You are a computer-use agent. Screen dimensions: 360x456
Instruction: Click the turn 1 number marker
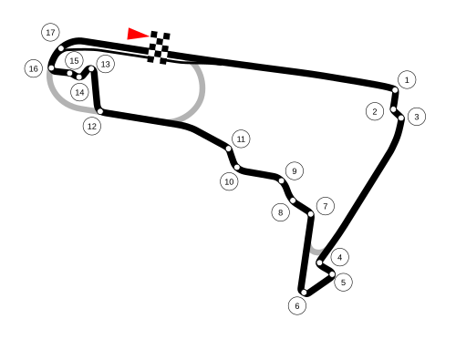point(407,79)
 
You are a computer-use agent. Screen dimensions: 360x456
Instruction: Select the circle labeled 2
point(375,111)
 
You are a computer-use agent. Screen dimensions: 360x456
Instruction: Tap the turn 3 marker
point(416,117)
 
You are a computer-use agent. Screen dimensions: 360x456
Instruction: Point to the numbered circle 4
point(339,257)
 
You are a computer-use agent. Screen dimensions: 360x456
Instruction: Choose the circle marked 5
point(343,282)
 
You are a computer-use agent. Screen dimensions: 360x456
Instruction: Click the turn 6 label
point(297,305)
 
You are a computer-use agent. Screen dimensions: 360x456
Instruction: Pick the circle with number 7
point(325,206)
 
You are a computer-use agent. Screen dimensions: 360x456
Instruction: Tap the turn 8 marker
point(281,212)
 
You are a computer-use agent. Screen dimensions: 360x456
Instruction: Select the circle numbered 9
point(294,170)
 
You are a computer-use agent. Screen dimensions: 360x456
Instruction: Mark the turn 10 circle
point(229,181)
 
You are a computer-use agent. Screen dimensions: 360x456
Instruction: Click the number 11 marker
point(241,139)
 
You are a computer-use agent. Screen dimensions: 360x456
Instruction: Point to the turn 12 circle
point(92,126)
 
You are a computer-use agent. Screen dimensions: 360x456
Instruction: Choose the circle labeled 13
point(105,64)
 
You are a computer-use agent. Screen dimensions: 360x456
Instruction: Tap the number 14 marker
point(79,92)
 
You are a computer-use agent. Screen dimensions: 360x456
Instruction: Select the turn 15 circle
point(74,60)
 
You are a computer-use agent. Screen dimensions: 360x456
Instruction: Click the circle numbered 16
point(34,68)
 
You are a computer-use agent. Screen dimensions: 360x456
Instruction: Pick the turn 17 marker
point(50,32)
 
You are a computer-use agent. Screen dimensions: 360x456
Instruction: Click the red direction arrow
point(137,34)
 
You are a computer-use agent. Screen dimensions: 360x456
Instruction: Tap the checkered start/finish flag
point(159,47)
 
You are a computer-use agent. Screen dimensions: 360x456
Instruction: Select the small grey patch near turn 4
point(316,248)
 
